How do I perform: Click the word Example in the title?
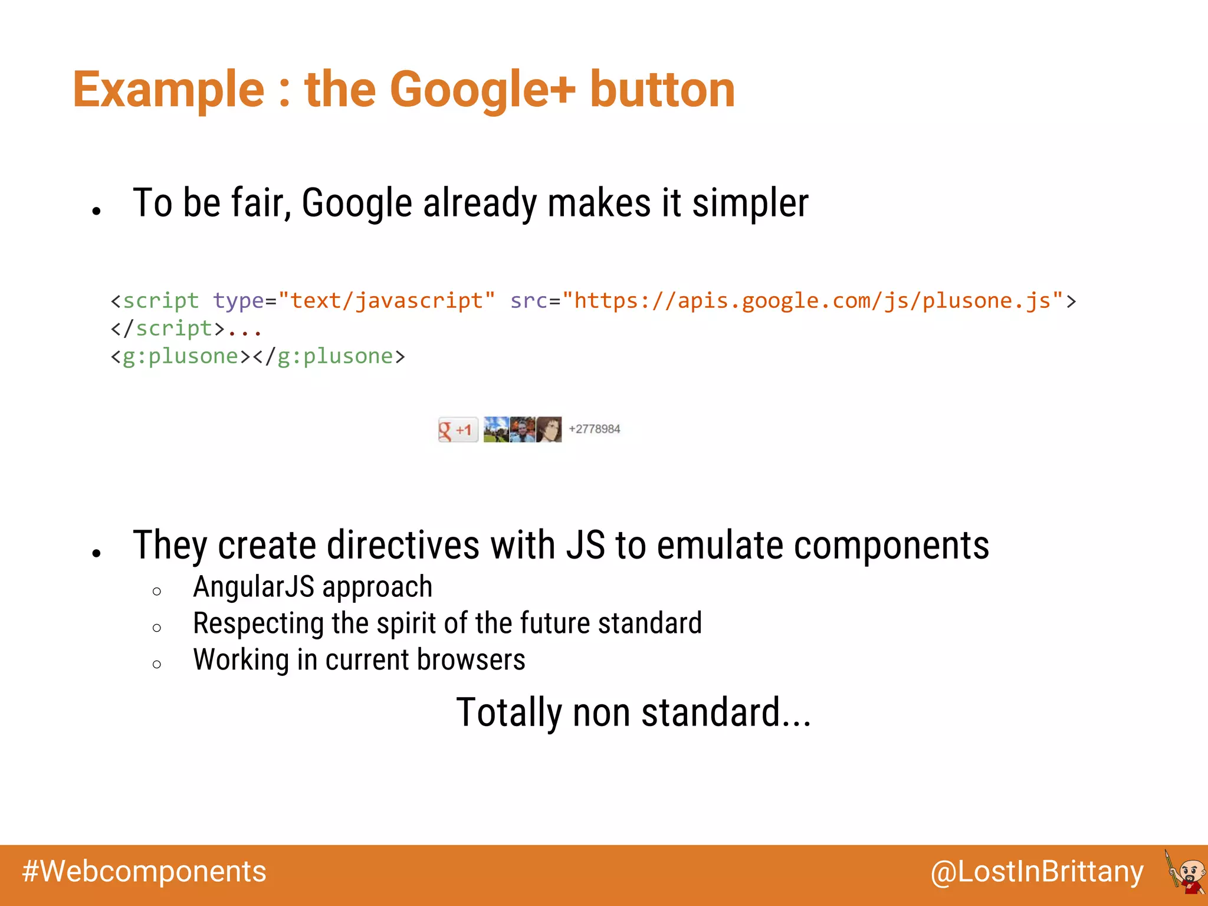[169, 90]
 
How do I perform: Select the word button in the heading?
[662, 90]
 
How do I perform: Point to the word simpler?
[750, 203]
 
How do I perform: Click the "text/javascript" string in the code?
[386, 301]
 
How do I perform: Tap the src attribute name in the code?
[528, 301]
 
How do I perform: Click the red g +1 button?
[458, 429]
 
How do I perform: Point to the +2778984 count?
[594, 429]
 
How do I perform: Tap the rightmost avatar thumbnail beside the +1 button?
[549, 429]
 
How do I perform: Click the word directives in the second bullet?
[403, 545]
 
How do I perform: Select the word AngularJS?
[254, 587]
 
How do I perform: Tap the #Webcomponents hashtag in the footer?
[145, 871]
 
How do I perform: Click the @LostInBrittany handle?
[1036, 872]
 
